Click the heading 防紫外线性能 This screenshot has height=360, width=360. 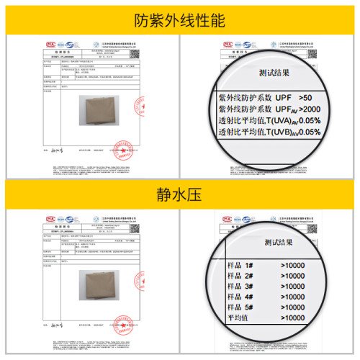point(180,20)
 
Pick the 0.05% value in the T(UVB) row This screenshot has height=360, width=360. point(309,132)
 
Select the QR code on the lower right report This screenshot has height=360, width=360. point(312,227)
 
